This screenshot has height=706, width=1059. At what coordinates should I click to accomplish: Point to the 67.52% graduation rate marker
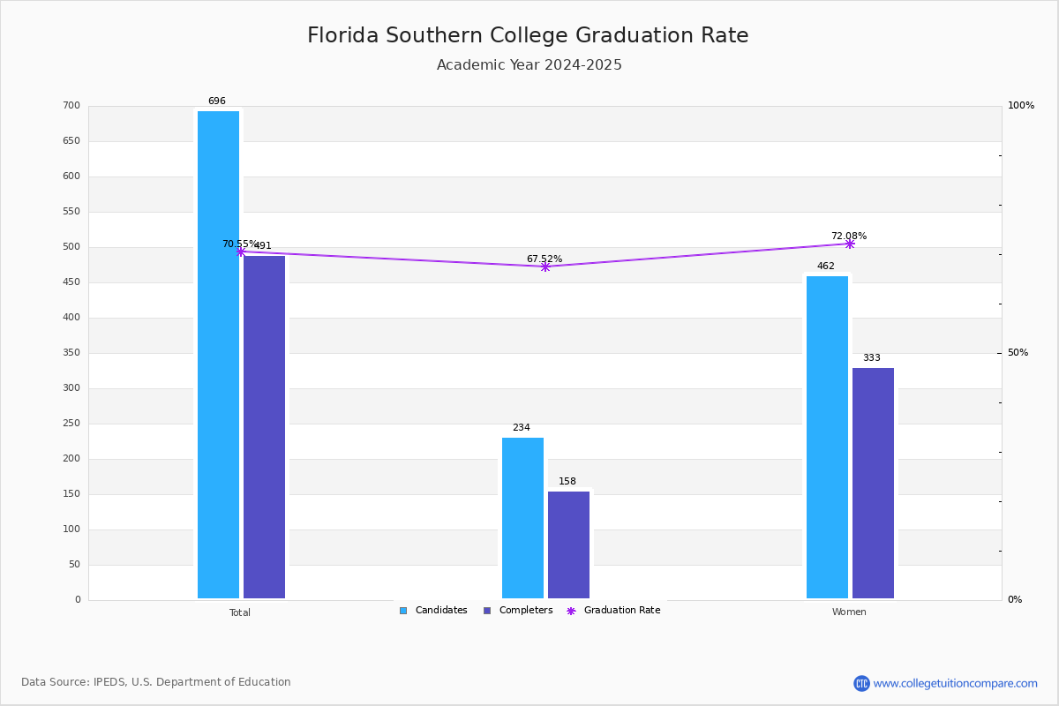[x=545, y=267]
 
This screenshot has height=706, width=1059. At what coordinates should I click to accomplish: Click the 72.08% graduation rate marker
[x=850, y=244]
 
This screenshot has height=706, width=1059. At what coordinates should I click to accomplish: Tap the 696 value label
[x=216, y=101]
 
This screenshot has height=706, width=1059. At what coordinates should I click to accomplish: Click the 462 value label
[x=825, y=267]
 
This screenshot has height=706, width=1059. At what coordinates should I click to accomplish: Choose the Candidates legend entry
[x=433, y=611]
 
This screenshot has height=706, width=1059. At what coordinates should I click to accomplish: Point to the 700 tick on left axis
[x=71, y=106]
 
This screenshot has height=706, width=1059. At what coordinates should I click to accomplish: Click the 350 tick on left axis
[x=71, y=353]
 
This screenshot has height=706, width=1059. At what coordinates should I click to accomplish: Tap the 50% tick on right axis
[x=1018, y=353]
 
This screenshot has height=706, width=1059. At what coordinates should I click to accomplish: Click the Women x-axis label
[x=849, y=612]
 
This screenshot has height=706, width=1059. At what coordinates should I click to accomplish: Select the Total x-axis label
[x=240, y=612]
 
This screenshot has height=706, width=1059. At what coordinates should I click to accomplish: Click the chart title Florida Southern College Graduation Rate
[x=528, y=35]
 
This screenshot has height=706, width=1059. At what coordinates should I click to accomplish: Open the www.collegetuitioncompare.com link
[x=955, y=683]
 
